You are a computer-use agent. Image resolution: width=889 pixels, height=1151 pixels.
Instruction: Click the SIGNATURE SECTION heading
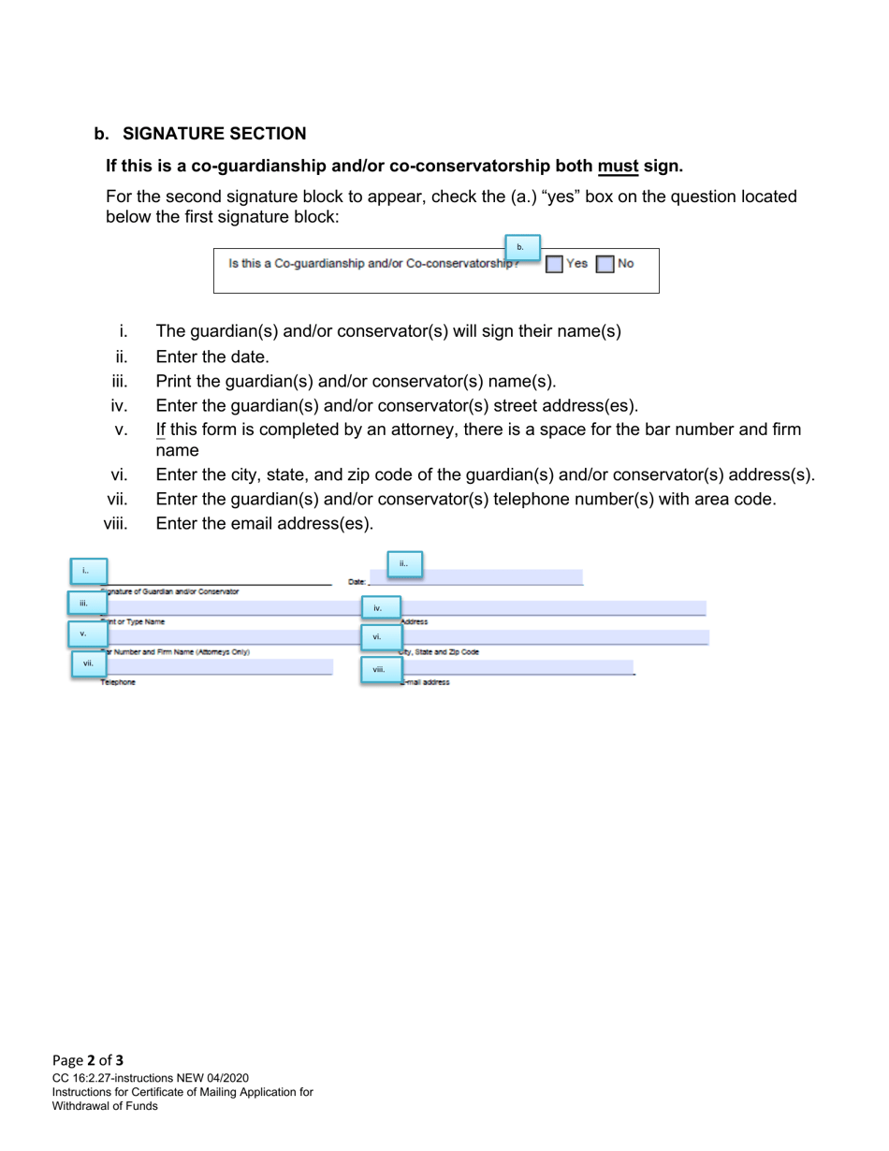tap(213, 134)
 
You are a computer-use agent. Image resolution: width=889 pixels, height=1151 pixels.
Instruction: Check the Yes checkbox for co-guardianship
tap(554, 264)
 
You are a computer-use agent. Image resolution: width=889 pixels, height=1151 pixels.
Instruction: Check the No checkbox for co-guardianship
tap(605, 264)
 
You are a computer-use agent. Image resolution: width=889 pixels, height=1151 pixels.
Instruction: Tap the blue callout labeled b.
tap(522, 248)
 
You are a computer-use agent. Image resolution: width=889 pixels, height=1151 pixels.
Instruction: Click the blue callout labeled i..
tap(88, 571)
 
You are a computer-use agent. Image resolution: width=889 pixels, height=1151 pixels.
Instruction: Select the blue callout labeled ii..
tap(404, 564)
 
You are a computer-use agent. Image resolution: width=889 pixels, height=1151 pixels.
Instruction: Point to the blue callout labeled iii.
tap(86, 604)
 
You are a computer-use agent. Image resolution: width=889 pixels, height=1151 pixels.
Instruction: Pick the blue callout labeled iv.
tap(380, 608)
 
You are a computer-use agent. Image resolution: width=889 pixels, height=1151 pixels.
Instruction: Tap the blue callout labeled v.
tap(86, 634)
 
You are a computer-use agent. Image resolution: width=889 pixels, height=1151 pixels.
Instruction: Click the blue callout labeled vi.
tap(380, 637)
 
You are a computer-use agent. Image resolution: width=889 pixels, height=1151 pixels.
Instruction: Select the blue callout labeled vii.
tap(89, 663)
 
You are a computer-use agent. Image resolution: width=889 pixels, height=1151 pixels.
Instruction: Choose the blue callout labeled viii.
tap(381, 669)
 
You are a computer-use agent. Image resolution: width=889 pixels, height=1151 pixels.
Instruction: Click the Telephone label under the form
tap(119, 683)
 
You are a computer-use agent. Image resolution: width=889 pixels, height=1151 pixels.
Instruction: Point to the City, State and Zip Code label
tap(440, 652)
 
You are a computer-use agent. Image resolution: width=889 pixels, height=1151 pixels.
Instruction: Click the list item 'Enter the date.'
tap(212, 357)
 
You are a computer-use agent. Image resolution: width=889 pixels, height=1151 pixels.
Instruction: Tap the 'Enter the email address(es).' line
tap(264, 523)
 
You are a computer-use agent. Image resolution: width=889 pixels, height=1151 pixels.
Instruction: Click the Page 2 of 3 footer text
tap(88, 1060)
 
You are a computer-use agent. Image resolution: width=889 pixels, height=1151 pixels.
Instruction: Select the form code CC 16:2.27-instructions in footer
tap(150, 1078)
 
